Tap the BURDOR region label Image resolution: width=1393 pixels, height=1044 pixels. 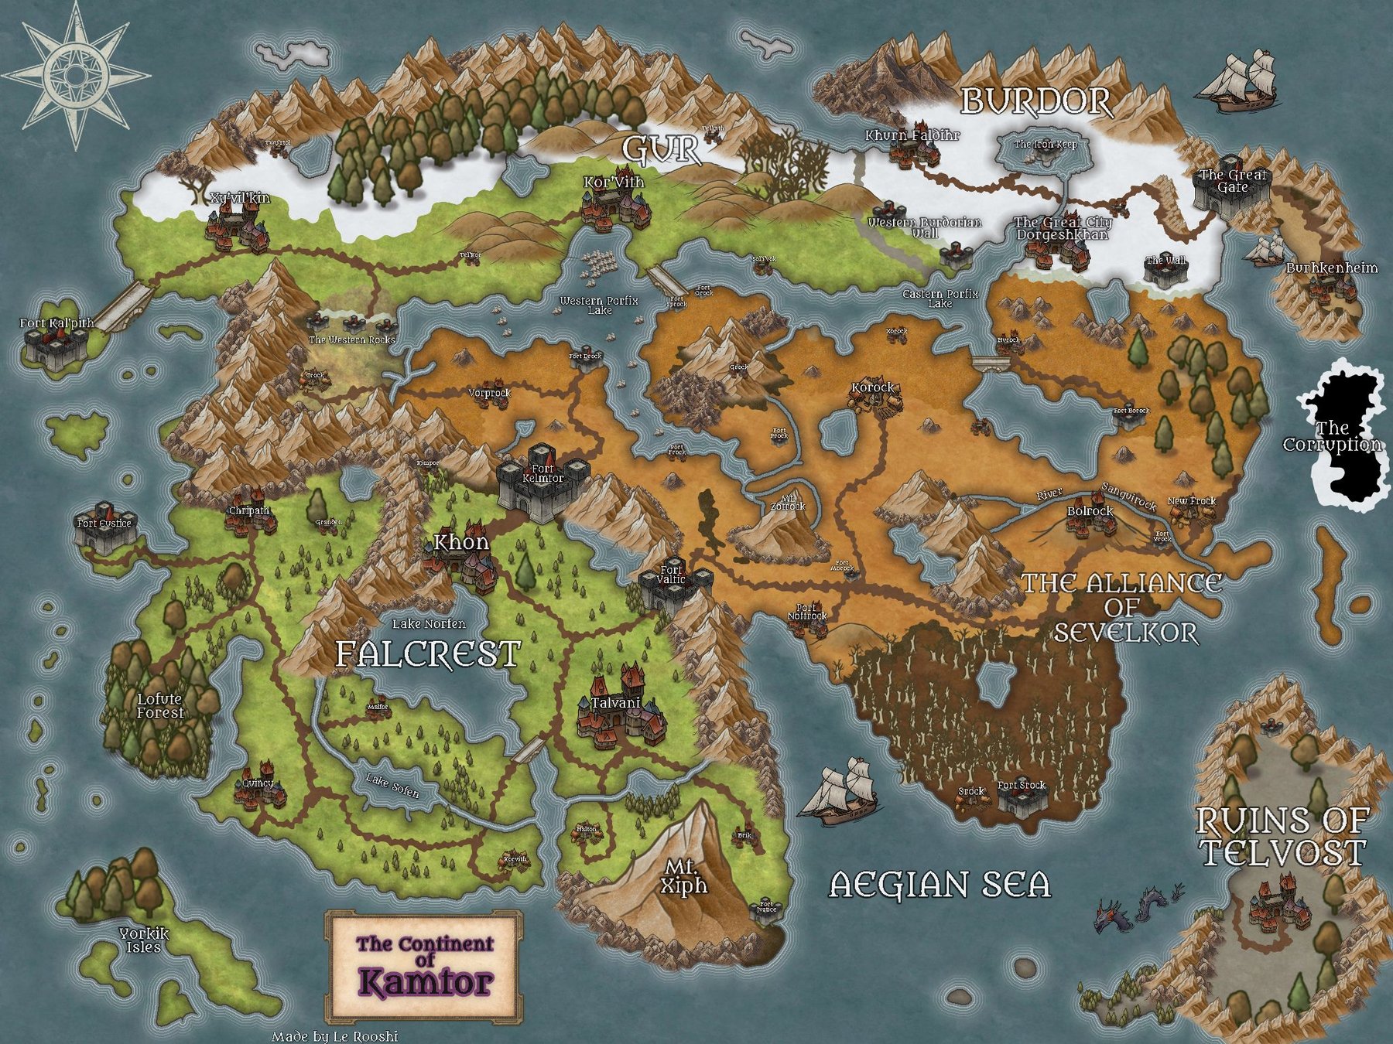(1036, 101)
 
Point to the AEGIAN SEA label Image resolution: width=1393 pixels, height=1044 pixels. (940, 884)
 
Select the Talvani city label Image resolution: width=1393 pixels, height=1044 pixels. (615, 703)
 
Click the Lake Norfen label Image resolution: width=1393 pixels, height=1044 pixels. (429, 623)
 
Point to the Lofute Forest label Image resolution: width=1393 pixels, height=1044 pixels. (160, 706)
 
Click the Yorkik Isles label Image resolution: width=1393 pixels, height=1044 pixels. (144, 940)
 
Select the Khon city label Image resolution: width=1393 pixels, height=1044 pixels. (461, 542)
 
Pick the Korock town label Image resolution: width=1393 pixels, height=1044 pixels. (872, 387)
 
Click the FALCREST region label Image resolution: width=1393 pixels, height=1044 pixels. (427, 654)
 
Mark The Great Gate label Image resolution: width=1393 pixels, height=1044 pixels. (1233, 181)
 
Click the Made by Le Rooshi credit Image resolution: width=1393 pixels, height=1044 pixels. (334, 1036)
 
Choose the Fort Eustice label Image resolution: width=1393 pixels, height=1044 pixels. (104, 524)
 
